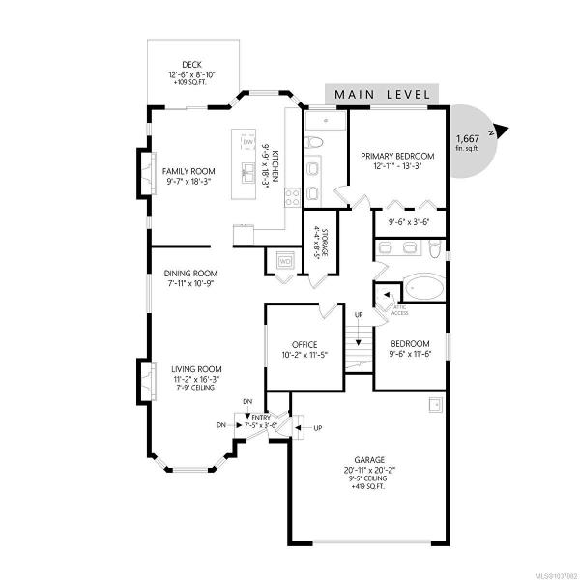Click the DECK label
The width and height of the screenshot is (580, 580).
coord(191,65)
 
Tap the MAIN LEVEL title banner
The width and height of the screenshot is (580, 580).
coord(382,94)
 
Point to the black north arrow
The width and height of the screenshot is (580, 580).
coord(502,130)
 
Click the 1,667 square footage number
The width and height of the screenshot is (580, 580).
coord(468,138)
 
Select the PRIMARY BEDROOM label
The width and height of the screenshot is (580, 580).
coord(397,156)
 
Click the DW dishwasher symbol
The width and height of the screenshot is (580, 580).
coord(248,142)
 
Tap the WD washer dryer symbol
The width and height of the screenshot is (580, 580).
coord(285,262)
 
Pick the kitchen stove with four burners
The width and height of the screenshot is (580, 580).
coord(292,197)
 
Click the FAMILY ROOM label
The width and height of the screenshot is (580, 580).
coord(188,171)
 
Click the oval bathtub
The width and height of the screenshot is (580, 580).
coord(423,287)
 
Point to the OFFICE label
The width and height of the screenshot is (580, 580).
coord(304,345)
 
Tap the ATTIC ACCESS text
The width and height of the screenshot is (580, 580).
coord(400,310)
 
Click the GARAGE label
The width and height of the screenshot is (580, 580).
coord(369,460)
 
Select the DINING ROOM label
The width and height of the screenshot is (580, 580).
coord(190,274)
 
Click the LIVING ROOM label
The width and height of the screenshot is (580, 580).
coord(196,369)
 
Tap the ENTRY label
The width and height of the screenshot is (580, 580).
coord(261,418)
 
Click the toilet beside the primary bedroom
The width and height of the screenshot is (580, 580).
coord(315,142)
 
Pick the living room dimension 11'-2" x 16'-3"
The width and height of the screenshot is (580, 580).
coord(196,379)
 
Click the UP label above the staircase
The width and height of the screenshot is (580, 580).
coord(359,315)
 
